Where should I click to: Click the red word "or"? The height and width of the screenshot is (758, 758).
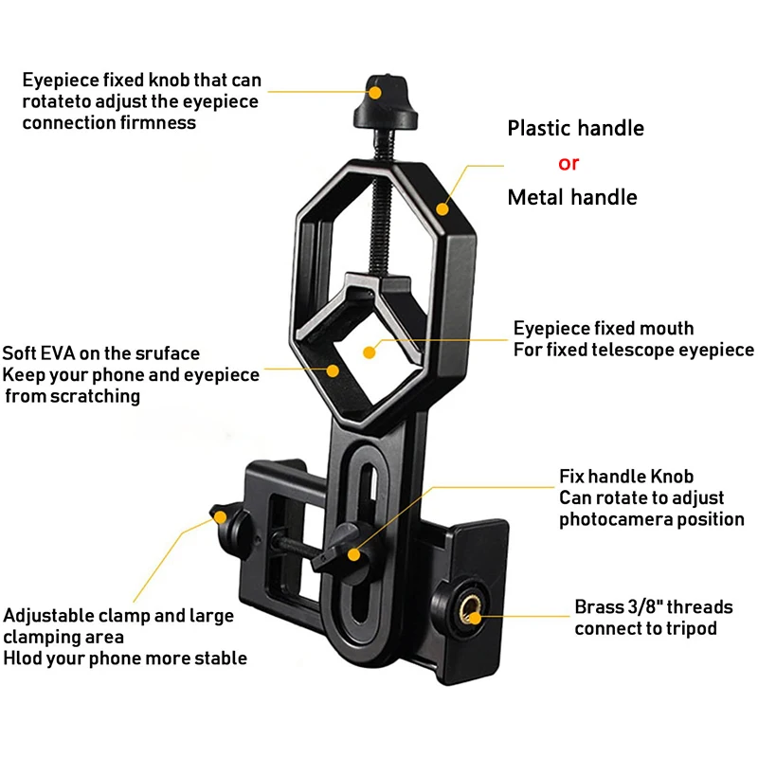tap(568, 163)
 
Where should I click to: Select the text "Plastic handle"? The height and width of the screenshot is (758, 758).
tap(575, 128)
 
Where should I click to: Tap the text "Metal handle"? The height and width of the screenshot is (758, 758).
tap(572, 197)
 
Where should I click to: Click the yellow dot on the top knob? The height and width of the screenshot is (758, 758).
tap(376, 92)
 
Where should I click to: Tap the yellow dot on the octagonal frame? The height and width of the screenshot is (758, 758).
tap(441, 206)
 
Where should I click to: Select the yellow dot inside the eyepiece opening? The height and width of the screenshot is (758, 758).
tap(370, 352)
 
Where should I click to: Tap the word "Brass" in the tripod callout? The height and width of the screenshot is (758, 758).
tap(600, 606)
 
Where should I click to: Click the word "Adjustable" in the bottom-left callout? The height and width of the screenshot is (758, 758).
tap(46, 616)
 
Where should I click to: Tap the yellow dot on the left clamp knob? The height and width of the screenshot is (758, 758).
tap(220, 518)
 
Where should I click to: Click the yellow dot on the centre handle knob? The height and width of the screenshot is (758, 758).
tap(353, 554)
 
